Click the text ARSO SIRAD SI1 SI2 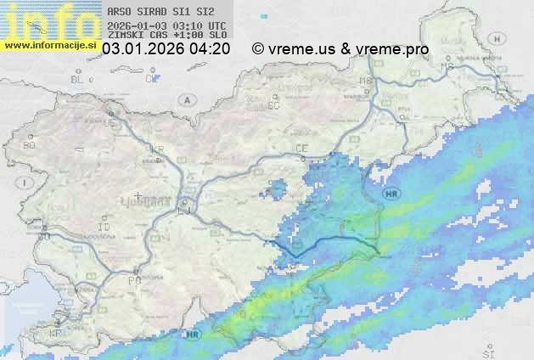155,13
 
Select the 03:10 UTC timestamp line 166,25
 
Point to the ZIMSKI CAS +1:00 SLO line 166,35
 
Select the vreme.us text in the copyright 303,49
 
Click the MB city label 366,81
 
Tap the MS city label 447,65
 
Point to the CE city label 301,149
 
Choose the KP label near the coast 56,334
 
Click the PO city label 133,279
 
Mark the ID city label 104,228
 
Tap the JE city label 109,122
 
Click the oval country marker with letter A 186,99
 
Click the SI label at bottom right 487,351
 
